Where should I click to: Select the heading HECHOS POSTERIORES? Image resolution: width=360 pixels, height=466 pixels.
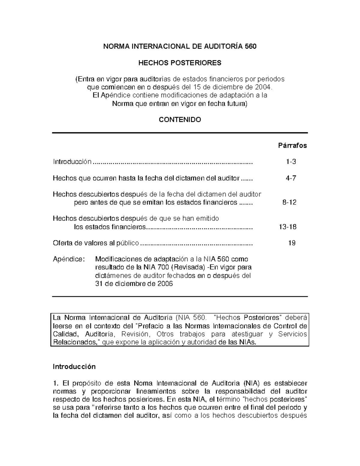point(179,63)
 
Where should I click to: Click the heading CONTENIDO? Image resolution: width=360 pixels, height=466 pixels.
point(180,120)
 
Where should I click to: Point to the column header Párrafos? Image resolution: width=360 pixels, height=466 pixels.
point(292,146)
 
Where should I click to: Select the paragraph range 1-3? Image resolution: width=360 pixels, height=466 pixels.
point(291,162)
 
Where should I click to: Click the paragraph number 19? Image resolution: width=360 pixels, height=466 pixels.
point(292,243)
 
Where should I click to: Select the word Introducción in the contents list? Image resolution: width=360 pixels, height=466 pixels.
point(72,162)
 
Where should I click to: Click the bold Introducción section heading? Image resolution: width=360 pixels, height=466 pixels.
point(74,367)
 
